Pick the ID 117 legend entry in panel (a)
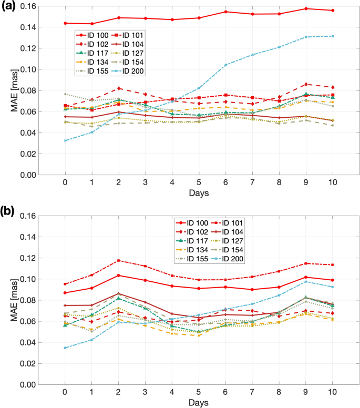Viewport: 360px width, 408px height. click(90, 53)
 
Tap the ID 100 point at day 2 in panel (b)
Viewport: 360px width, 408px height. click(119, 276)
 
